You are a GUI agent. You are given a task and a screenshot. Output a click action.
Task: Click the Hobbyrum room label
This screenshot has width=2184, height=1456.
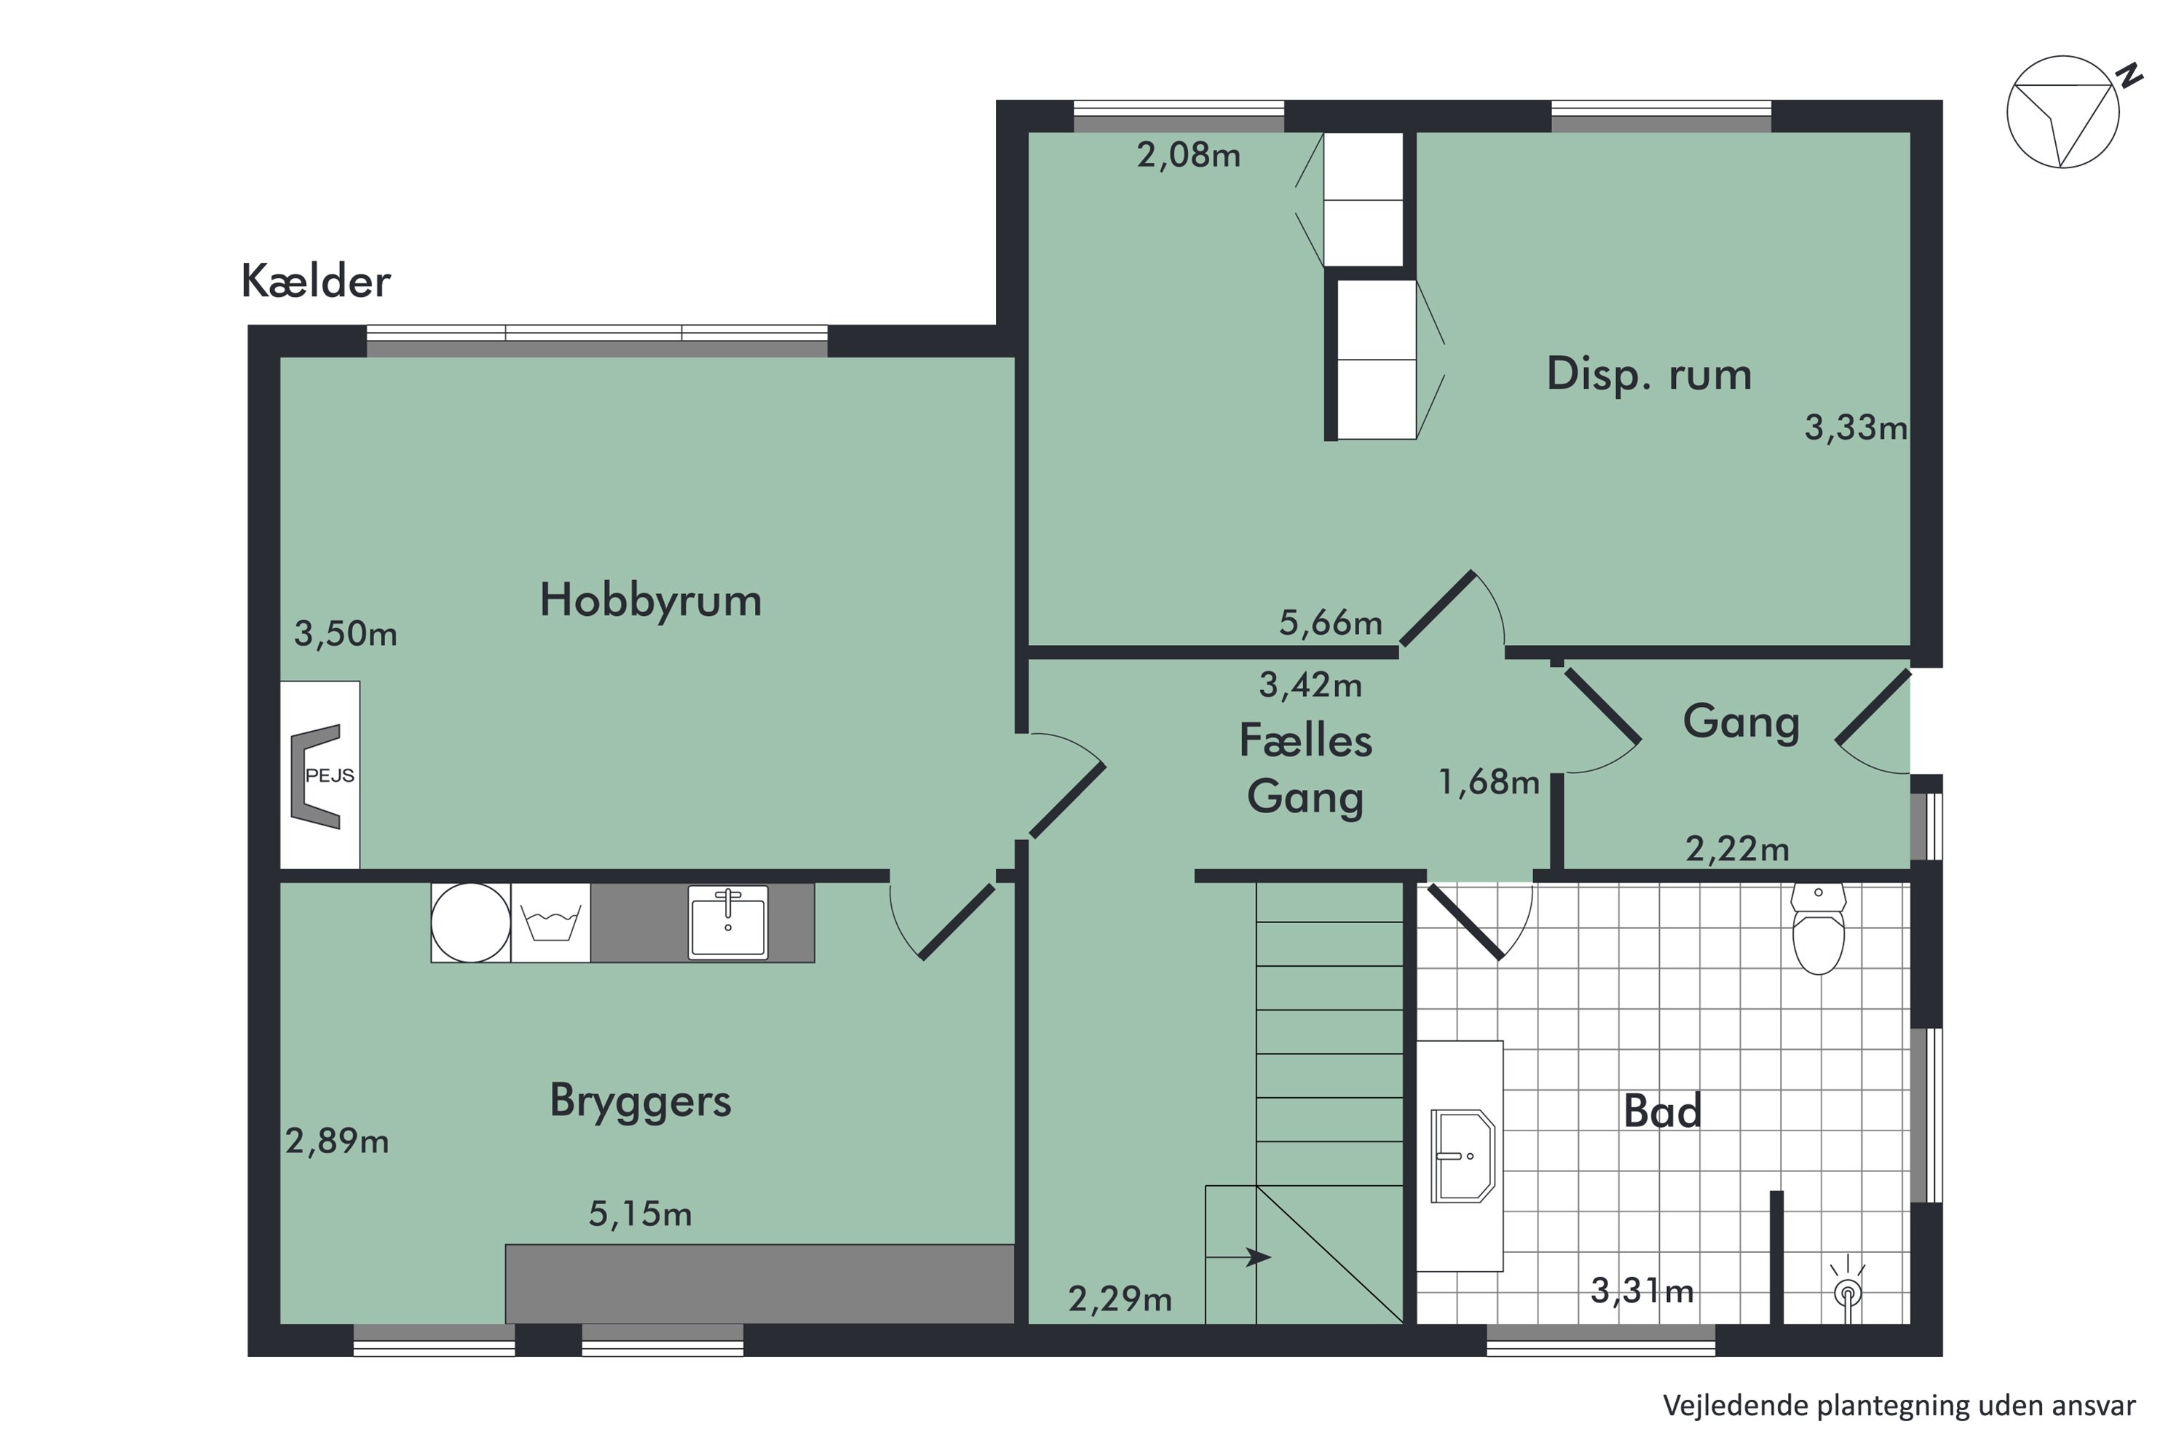pos(650,600)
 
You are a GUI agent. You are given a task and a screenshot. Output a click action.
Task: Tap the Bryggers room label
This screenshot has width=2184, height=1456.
pos(640,1101)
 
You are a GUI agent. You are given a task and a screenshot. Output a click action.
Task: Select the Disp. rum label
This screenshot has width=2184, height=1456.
pos(1648,374)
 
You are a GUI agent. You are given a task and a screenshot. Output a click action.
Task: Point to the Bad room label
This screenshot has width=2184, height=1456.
pos(1662,1111)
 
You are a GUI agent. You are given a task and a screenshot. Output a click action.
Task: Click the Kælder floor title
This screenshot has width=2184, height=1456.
pos(316,280)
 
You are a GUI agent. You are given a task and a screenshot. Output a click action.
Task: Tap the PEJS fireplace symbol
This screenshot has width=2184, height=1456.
pos(319,775)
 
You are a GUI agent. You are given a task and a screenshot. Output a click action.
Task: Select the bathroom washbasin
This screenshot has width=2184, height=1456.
pos(1462,1155)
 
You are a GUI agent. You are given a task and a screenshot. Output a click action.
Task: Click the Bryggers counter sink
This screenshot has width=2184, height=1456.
pos(728,922)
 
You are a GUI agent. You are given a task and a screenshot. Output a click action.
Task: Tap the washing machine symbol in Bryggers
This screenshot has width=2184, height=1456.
pos(550,922)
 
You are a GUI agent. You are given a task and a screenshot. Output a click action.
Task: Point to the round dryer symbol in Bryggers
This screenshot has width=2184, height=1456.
pos(471,922)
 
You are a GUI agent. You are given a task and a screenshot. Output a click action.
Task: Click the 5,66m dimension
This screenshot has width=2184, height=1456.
pos(1331,622)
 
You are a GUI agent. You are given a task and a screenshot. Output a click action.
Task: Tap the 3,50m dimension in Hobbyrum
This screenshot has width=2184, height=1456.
pos(345,634)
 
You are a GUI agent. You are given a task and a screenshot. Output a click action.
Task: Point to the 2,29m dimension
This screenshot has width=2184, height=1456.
pos(1120,1299)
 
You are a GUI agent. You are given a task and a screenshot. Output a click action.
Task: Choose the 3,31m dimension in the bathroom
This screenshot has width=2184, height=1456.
pos(1642,1290)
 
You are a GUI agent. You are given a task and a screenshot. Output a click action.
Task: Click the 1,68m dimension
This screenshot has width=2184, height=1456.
pos(1489,782)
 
